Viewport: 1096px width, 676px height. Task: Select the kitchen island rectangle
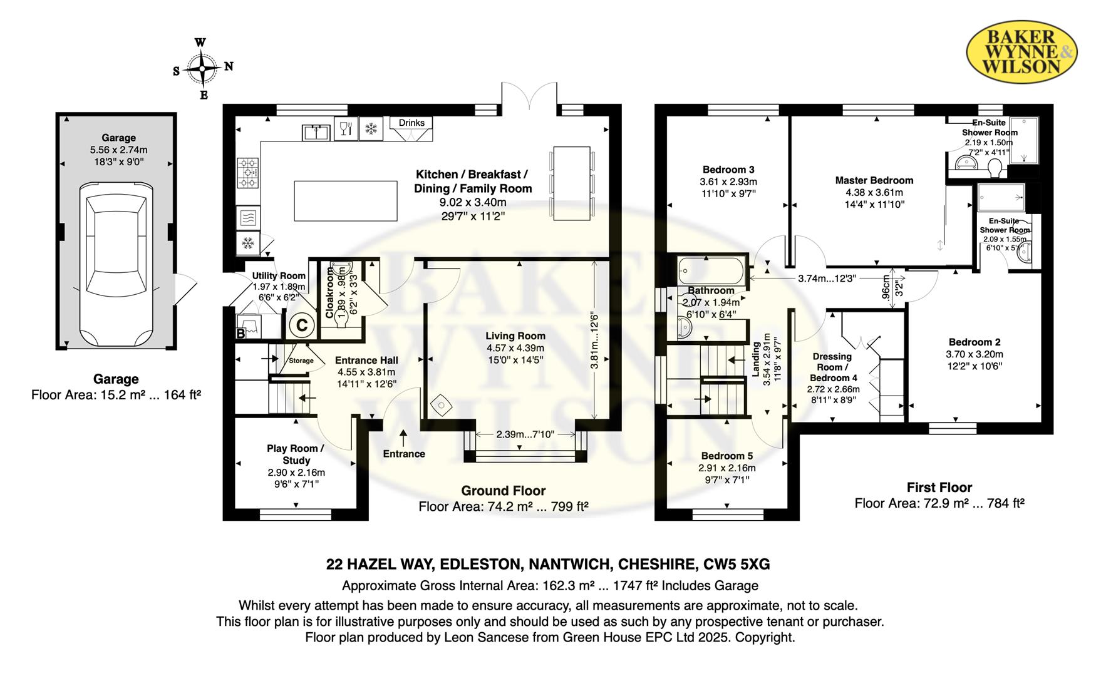coord(346,200)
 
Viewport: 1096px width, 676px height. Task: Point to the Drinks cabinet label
coord(411,123)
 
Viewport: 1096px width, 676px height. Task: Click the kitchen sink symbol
coord(317,132)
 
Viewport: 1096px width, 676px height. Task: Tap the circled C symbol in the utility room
coord(302,325)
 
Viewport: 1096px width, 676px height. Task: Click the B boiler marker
coord(240,334)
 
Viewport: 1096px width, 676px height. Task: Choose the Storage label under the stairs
coord(301,361)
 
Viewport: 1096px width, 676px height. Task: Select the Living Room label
coord(516,336)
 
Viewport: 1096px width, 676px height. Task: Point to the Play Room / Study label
coord(296,454)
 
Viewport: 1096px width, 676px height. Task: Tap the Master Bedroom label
coord(874,180)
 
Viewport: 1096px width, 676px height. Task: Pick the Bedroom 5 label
coord(727,456)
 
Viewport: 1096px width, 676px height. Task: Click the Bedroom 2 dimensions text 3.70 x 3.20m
coord(975,354)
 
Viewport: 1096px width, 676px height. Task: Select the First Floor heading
coord(939,488)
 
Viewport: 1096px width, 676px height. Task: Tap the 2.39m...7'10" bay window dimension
coord(525,434)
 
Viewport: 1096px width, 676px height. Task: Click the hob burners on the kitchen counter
coord(248,172)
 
